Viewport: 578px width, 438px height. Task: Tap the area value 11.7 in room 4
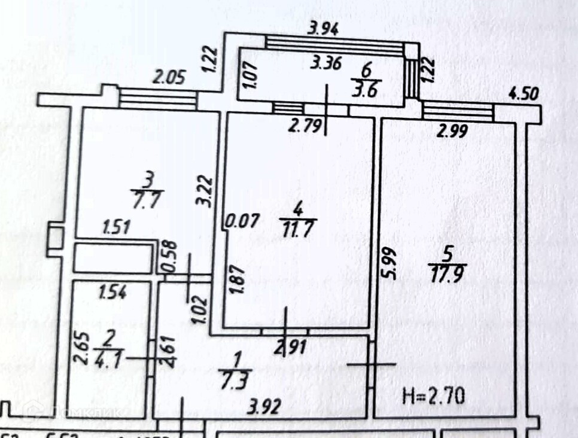[297, 227]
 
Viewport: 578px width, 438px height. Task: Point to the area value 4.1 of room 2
[107, 360]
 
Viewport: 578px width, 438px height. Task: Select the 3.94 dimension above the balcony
[323, 28]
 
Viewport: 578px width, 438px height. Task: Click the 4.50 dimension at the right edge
[524, 94]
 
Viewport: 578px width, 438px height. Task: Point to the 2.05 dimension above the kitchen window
[170, 77]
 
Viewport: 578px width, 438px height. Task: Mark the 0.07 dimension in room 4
[242, 221]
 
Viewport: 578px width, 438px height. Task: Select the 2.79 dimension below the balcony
[305, 126]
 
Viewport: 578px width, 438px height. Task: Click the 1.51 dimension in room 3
[118, 227]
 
